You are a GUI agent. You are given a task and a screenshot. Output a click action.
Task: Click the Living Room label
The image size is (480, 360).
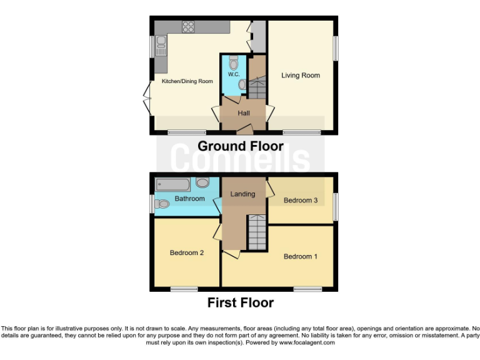(300, 76)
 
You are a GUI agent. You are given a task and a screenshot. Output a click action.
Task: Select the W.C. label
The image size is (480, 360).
(234, 74)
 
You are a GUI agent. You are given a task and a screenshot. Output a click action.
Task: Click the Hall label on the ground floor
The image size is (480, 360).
(244, 113)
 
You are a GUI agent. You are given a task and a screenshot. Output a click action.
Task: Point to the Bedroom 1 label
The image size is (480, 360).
(301, 256)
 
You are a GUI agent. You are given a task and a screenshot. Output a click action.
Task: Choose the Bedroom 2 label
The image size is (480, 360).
(187, 253)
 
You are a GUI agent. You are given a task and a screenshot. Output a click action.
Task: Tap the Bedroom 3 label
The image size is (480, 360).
(301, 201)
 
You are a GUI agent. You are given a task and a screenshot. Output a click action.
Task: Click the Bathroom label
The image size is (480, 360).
(189, 199)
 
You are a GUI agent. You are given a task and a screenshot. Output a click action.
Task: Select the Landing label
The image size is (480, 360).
(242, 194)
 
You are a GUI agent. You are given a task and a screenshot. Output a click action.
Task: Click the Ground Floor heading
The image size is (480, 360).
(241, 146)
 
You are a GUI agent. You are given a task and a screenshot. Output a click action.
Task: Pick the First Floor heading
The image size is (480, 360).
(241, 303)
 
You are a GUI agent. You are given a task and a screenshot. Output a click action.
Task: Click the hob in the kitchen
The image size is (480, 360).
(188, 26)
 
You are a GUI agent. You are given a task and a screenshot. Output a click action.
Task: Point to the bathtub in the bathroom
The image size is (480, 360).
(172, 184)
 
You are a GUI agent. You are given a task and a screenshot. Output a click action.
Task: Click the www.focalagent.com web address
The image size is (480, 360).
(307, 342)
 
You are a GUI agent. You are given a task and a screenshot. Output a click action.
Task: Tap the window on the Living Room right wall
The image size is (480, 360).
(336, 48)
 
